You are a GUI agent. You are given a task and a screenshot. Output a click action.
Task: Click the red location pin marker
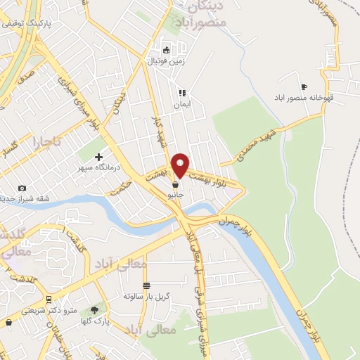tap(180, 165)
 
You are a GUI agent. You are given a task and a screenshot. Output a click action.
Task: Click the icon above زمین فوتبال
tap(166, 50)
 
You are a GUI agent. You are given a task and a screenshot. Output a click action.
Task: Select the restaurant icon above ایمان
tap(181, 92)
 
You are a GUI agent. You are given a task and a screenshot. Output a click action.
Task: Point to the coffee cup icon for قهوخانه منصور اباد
tap(304, 86)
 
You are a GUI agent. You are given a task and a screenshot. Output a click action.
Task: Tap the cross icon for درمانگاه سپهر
tap(98, 157)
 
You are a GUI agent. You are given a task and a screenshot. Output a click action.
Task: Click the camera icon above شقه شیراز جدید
tap(22, 188)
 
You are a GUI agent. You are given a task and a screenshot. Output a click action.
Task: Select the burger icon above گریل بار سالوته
tap(146, 285)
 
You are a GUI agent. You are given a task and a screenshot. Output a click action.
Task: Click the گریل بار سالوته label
tap(145, 297)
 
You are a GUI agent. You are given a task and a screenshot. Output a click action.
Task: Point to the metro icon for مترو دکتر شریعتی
tap(47, 298)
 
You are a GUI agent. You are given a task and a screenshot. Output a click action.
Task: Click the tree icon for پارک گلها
tap(94, 309)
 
